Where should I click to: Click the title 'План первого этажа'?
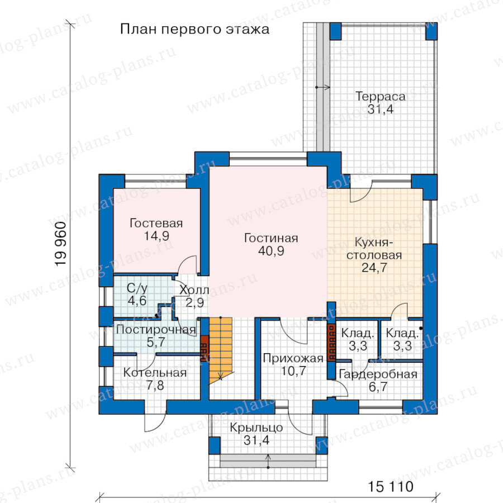point(194,29)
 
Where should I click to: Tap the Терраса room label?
point(380,96)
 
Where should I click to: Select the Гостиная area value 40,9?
point(271,251)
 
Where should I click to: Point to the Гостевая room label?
point(156,223)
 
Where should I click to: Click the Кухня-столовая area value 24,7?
point(374,268)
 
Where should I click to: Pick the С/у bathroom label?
point(137,288)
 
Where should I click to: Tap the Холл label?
point(194,290)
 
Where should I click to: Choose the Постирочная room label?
point(156,329)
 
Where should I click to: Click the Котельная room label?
point(155,373)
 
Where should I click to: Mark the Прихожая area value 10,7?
point(293,371)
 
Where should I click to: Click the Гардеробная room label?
point(378,374)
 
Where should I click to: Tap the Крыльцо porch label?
point(257,428)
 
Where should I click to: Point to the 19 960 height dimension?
point(61,244)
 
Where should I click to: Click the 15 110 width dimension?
point(391,487)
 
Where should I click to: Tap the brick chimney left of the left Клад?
point(331,342)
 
